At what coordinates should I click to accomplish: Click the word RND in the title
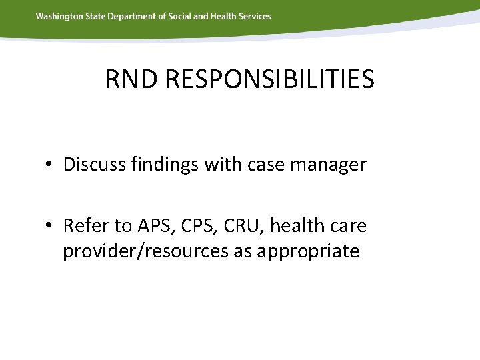coord(131,79)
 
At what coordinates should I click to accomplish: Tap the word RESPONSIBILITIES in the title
coord(269,79)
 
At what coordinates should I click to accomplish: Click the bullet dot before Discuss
coord(50,165)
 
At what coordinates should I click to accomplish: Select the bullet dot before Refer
coord(50,227)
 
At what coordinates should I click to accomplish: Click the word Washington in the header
coord(60,16)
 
